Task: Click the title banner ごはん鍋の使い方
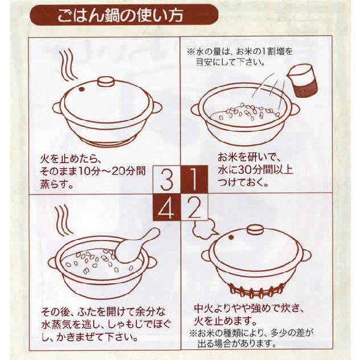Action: [124, 15]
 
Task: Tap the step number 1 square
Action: [194, 179]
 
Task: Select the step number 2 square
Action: [194, 206]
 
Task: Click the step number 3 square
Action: [167, 179]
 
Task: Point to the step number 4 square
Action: [167, 206]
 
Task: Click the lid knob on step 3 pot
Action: [106, 82]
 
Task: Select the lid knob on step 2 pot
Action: [255, 230]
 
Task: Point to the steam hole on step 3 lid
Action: [80, 89]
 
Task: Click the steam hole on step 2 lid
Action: [230, 238]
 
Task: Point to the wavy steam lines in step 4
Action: [65, 219]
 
